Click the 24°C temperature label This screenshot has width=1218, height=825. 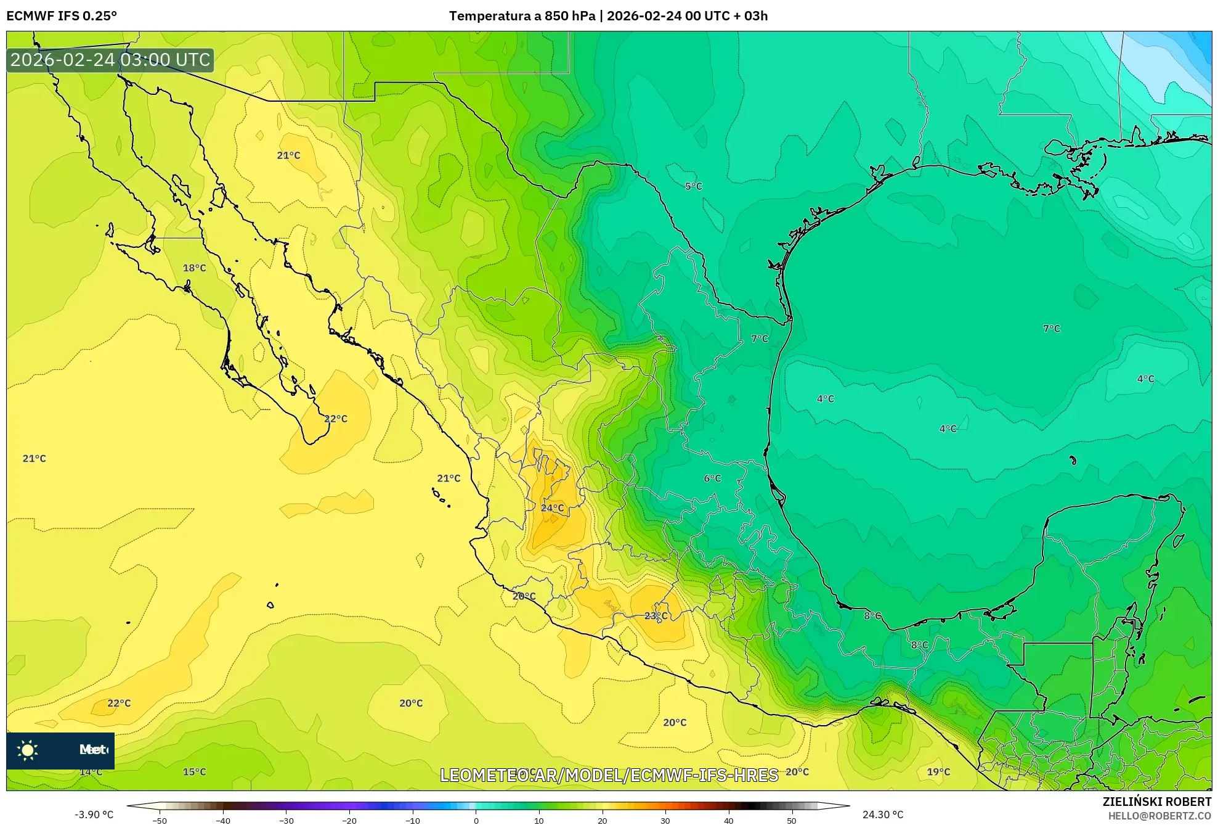(x=552, y=508)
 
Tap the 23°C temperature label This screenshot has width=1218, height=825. (x=656, y=616)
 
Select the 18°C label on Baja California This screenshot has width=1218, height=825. (x=194, y=268)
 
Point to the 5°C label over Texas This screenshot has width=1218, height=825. (x=693, y=186)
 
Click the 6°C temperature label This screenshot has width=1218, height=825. (x=712, y=478)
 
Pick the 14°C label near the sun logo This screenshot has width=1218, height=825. (x=91, y=772)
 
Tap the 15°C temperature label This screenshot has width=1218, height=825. (x=194, y=772)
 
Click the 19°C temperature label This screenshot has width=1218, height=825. (x=938, y=772)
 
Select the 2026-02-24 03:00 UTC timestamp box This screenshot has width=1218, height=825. (x=110, y=60)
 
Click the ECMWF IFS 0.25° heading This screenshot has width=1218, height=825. (x=62, y=16)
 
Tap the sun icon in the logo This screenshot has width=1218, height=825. (x=28, y=750)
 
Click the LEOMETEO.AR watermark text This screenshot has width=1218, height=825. (x=609, y=775)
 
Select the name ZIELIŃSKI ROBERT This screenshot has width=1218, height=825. (x=1156, y=802)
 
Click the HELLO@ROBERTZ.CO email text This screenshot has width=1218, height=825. (x=1159, y=816)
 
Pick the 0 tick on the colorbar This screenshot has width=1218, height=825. (x=476, y=821)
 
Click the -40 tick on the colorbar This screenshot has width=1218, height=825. (x=223, y=821)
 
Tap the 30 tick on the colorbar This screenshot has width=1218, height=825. (x=665, y=821)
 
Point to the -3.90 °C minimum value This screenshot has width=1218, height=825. (x=94, y=815)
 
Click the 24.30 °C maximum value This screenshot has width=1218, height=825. (x=882, y=815)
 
